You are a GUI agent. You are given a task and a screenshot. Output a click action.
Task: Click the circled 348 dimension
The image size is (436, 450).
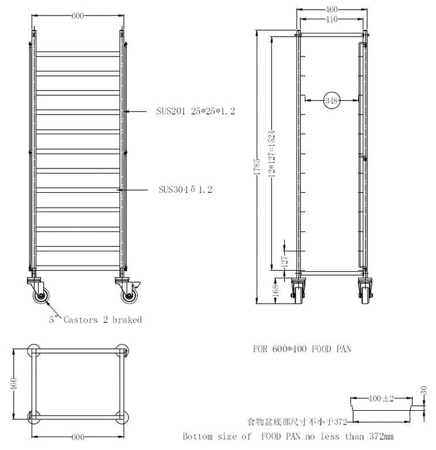click(332, 101)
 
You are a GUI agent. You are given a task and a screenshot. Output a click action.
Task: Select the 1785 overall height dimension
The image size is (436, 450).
click(257, 166)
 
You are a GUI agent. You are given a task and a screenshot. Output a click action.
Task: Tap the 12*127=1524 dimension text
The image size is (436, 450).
click(271, 154)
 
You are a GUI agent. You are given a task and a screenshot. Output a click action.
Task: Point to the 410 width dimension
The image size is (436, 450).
click(332, 19)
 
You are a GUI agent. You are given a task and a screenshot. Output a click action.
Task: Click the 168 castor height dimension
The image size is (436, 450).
click(275, 290)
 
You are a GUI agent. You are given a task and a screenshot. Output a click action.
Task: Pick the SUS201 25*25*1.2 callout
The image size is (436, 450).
click(195, 111)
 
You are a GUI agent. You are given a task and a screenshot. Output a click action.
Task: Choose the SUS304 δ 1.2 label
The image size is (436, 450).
click(185, 189)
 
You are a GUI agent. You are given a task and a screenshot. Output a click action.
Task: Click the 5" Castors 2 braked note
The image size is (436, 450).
click(96, 319)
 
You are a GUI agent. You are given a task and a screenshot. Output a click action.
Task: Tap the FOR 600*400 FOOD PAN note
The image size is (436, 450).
click(302, 349)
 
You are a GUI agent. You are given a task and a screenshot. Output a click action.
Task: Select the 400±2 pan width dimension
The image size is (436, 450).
click(381, 399)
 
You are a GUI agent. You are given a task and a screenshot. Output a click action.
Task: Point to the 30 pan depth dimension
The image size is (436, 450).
click(424, 390)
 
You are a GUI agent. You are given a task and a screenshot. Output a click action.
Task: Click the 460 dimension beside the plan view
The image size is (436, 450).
click(14, 384)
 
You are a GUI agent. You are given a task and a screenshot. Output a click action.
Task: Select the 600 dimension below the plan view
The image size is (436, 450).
click(78, 437)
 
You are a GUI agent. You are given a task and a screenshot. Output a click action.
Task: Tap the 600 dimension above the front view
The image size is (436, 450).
click(78, 16)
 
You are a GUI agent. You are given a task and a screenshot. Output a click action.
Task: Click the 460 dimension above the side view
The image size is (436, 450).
click(332, 10)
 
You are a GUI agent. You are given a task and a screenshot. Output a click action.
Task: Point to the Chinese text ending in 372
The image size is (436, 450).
click(297, 422)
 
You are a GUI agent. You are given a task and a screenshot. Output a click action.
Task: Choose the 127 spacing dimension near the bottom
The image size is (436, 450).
click(284, 262)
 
